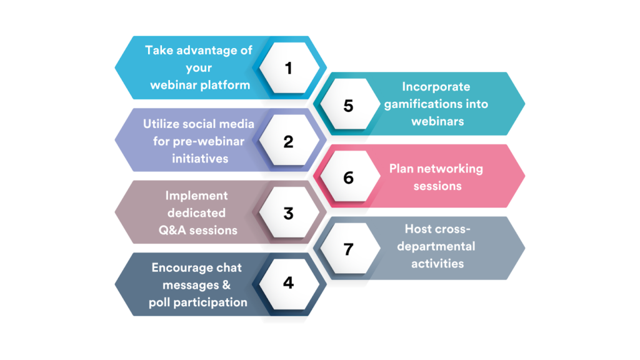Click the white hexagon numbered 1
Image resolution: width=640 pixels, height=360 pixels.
(289, 67)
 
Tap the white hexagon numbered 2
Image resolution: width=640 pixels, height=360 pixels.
(289, 140)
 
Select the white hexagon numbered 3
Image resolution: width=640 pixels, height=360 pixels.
(289, 212)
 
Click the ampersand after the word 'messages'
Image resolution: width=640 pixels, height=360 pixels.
(226, 285)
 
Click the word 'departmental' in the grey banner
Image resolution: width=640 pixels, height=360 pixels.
(436, 246)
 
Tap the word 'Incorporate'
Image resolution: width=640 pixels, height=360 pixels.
(436, 86)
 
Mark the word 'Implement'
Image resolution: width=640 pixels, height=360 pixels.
(196, 196)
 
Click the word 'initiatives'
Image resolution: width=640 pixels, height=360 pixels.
(200, 158)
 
